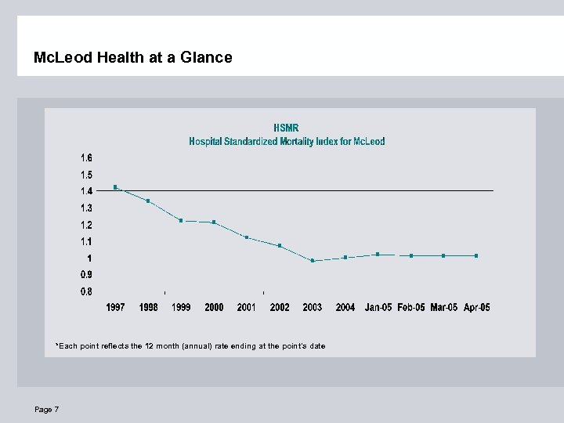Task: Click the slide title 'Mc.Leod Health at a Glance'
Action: pos(133,57)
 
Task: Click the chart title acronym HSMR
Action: pos(286,128)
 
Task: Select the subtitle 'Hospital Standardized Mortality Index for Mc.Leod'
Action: pos(287,142)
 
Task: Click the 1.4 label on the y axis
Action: pos(86,191)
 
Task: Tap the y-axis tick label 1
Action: pos(89,258)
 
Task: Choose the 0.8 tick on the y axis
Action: pos(86,291)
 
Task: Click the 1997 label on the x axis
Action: pos(115,308)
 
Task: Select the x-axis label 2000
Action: pos(214,308)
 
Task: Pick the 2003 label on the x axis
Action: pos(313,308)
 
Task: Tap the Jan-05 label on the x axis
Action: pos(378,308)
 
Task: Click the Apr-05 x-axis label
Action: pos(476,308)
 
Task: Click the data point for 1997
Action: pos(115,187)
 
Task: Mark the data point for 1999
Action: pos(181,221)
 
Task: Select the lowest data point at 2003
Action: pos(313,261)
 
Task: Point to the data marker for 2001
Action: pos(247,237)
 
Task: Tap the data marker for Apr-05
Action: pos(476,255)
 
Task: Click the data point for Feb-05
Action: pos(411,255)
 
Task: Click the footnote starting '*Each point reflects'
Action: pos(190,346)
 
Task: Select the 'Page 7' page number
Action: pos(46,410)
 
